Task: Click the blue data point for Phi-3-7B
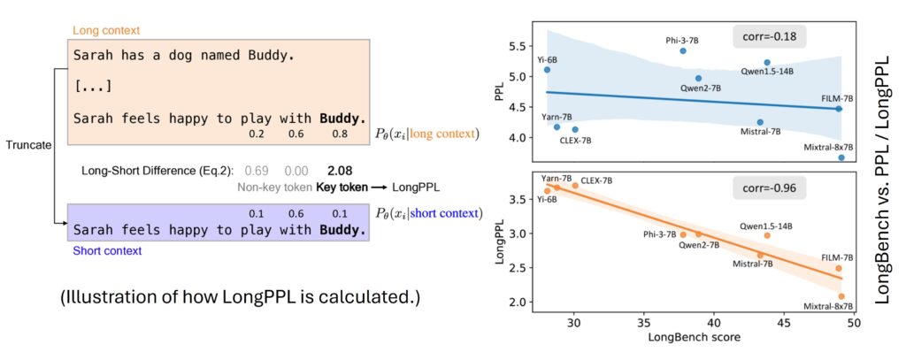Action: click(x=683, y=51)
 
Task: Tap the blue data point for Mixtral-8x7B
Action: click(x=841, y=157)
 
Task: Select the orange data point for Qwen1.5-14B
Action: click(x=767, y=235)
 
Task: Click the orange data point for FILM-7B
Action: click(x=839, y=268)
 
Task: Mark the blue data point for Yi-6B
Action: click(x=547, y=70)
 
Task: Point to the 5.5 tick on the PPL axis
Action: click(x=522, y=45)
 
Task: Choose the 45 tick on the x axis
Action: click(x=783, y=323)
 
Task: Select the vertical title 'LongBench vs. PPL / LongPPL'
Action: click(x=885, y=177)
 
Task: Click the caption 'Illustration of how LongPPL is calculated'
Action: click(x=240, y=299)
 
